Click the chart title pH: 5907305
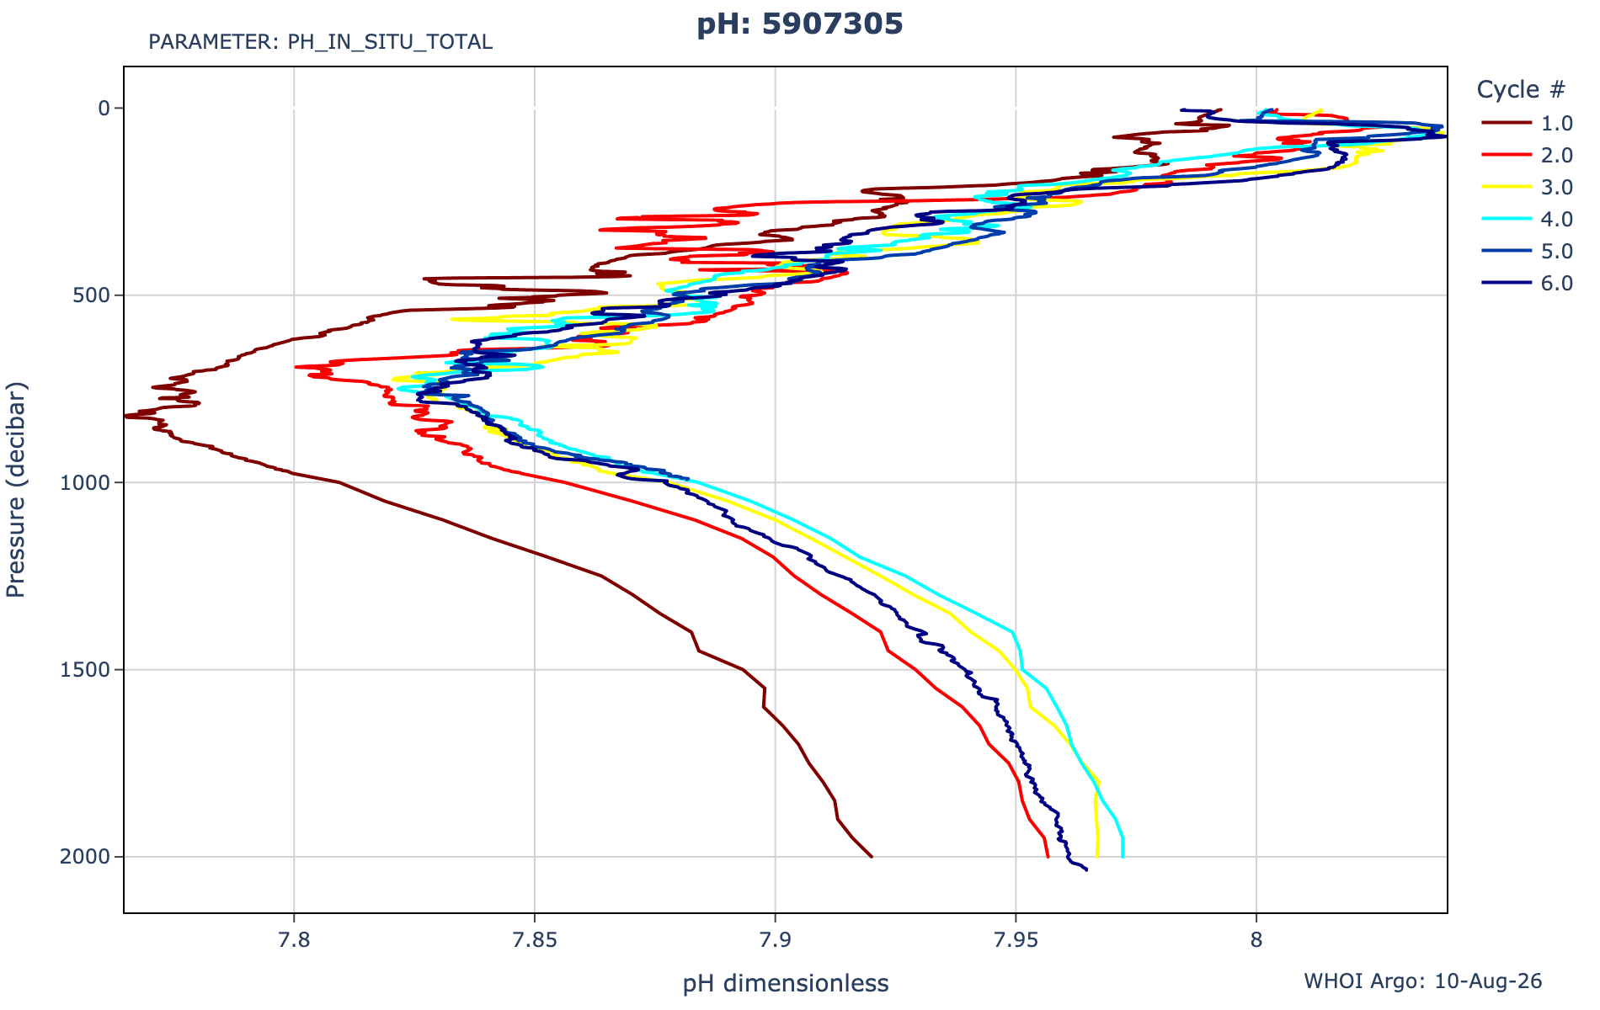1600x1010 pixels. pyautogui.click(x=799, y=24)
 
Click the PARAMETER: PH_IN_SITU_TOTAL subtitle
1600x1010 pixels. pyautogui.click(x=320, y=42)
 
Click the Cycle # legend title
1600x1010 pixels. pyautogui.click(x=1521, y=89)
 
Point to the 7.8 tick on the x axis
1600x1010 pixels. pyautogui.click(x=294, y=939)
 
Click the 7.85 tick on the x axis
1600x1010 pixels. pyautogui.click(x=534, y=939)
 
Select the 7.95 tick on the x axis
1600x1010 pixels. pyautogui.click(x=1016, y=939)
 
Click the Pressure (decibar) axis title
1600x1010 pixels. pyautogui.click(x=17, y=490)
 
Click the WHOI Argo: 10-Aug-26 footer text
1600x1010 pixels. pyautogui.click(x=1423, y=981)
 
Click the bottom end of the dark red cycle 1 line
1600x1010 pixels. pyautogui.click(x=872, y=857)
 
